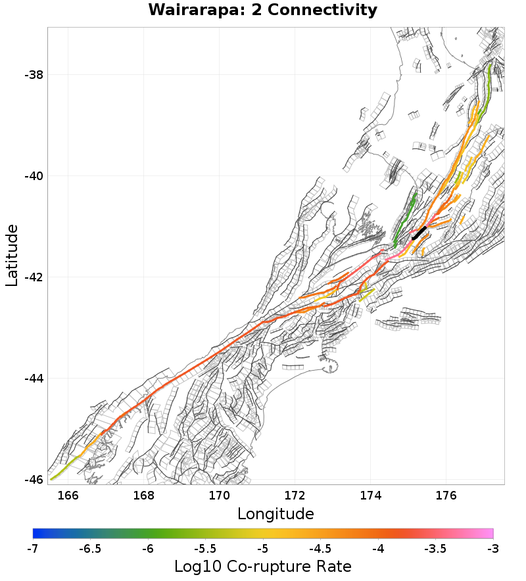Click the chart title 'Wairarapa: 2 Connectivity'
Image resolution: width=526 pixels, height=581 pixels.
click(x=263, y=11)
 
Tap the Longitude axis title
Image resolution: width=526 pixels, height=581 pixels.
click(x=275, y=513)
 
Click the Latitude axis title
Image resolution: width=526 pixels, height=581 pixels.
click(x=12, y=255)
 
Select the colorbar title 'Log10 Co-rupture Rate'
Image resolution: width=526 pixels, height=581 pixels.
click(x=263, y=566)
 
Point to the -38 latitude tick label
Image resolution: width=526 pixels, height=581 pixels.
click(x=33, y=75)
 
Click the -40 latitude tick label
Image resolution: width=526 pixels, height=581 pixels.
click(x=33, y=176)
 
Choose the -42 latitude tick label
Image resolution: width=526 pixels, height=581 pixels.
click(x=33, y=277)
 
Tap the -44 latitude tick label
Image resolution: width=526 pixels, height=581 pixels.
click(x=33, y=379)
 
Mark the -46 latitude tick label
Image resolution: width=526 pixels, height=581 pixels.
click(x=33, y=480)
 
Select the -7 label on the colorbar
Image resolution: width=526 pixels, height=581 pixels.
click(x=33, y=548)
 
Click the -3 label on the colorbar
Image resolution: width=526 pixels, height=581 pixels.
click(x=493, y=548)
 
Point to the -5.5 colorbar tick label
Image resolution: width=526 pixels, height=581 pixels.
click(x=205, y=548)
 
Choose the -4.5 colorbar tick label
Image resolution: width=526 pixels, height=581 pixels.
click(x=320, y=548)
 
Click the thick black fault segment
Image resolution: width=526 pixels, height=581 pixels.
click(x=419, y=233)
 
